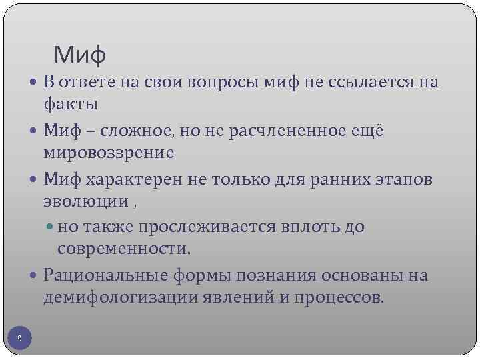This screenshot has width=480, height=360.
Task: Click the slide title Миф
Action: pos(80,54)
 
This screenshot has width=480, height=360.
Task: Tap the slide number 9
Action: pos(19,339)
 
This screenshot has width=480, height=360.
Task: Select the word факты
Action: pos(71,103)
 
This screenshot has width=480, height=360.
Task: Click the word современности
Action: pos(124,248)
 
